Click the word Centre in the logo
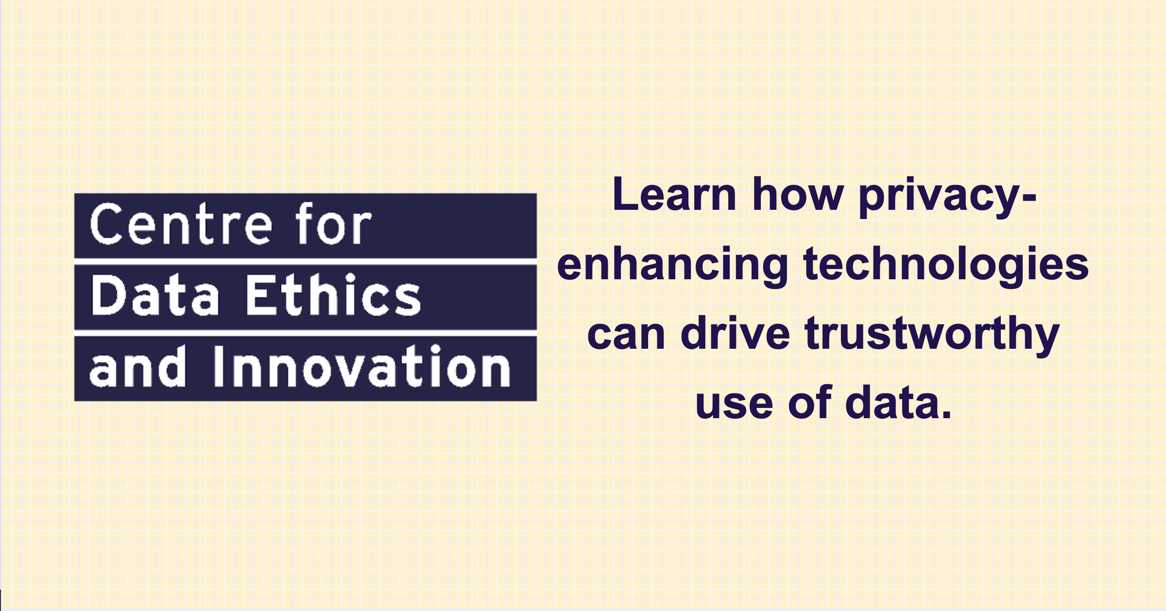(181, 224)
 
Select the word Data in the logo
(154, 294)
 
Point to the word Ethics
(333, 294)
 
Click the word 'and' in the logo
(137, 366)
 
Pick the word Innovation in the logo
(362, 366)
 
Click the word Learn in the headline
(675, 194)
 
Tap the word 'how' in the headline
(798, 194)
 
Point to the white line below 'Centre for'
(306, 262)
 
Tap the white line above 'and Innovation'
(306, 333)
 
